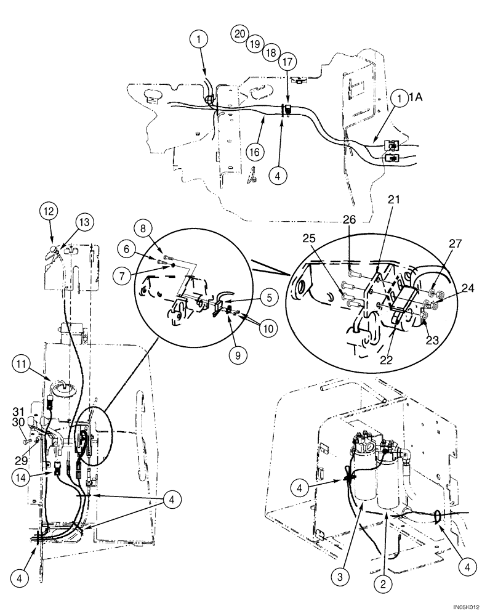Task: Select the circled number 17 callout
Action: pyautogui.click(x=287, y=62)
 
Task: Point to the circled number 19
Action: pyautogui.click(x=255, y=44)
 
